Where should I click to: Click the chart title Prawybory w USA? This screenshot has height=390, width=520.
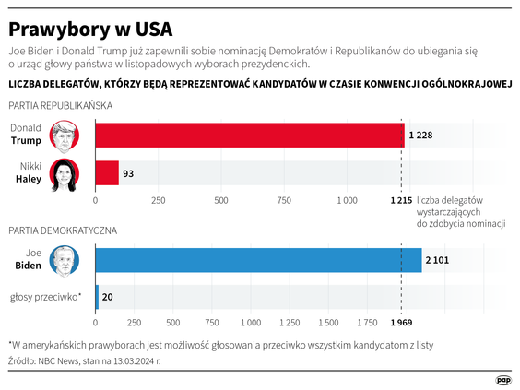90,26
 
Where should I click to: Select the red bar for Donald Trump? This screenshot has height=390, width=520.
249,136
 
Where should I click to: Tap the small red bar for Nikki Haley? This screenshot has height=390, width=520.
107,173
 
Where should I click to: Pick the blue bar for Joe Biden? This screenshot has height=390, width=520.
258,260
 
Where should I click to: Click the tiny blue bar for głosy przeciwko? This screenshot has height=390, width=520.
97,297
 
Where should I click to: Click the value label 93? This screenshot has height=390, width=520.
128,173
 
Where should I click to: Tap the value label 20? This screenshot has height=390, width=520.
108,297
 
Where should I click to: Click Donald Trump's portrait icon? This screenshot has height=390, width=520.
64,136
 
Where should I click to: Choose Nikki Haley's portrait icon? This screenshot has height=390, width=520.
64,173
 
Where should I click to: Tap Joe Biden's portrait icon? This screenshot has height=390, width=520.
64,260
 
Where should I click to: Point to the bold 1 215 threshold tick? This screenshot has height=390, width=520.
400,199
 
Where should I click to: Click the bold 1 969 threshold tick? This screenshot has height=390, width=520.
400,323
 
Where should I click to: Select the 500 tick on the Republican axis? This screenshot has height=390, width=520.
221,199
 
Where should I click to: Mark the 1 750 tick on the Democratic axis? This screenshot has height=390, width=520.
366,323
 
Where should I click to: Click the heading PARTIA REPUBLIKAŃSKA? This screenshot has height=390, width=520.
60,106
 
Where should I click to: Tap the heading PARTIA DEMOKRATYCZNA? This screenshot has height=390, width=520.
61,229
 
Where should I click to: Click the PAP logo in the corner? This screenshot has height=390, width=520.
503,379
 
